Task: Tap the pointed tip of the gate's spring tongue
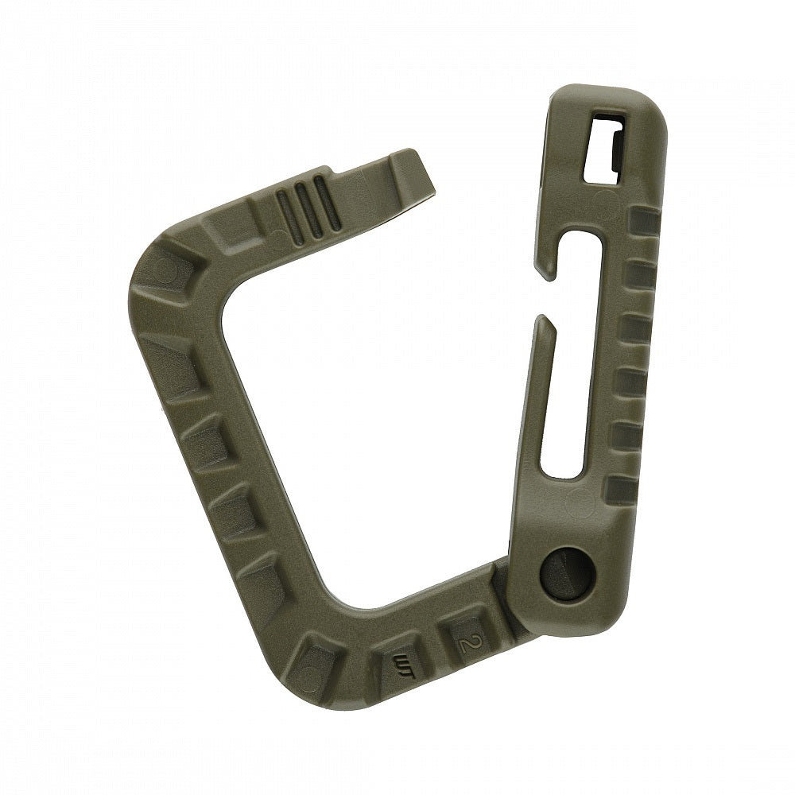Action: point(543,320)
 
